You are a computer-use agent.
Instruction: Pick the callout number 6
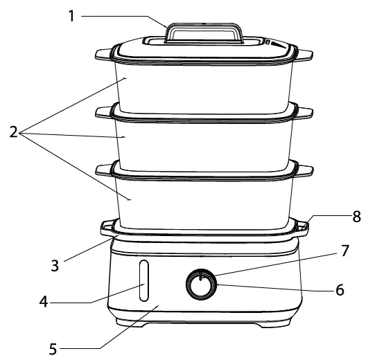point(340,289)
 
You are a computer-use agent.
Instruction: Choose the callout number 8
point(356,216)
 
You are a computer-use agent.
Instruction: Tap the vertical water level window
point(143,282)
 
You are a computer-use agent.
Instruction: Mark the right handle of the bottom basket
point(304,167)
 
